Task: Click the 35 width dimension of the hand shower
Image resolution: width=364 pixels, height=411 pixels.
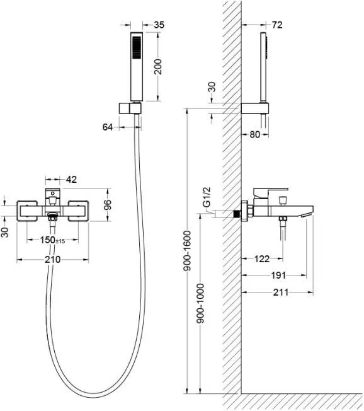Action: (159, 25)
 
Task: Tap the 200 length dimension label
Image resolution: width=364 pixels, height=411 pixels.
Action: (158, 67)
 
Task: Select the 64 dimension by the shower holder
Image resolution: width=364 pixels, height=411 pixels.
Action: (108, 127)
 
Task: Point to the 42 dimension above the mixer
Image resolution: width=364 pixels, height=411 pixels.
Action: (71, 180)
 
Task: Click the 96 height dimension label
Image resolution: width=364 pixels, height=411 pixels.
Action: (107, 205)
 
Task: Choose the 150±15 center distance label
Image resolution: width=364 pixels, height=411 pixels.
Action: (52, 240)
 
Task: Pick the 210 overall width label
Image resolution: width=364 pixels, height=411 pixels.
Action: (53, 260)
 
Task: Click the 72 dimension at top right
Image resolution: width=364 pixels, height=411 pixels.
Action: (277, 25)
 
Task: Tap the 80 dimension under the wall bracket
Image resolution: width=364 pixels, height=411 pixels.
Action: (255, 134)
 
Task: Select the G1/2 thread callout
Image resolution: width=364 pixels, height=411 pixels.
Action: (207, 197)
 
